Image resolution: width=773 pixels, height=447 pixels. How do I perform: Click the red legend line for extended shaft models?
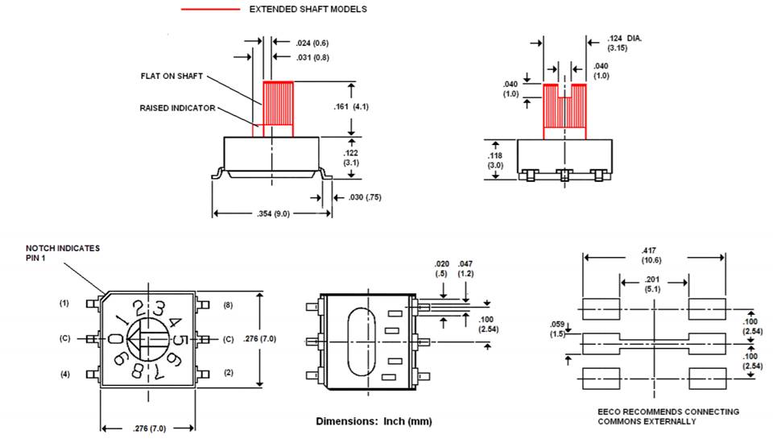tap(210, 10)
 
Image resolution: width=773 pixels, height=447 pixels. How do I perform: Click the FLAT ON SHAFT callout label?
tap(172, 76)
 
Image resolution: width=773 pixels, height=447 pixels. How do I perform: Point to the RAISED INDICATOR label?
tap(177, 108)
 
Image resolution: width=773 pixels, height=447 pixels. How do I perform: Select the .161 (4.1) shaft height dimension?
tap(351, 106)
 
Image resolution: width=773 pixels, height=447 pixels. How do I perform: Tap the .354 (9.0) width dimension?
tap(273, 213)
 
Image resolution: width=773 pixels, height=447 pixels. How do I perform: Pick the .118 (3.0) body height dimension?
tap(495, 160)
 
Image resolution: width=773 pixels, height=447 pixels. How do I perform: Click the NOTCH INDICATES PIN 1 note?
tap(63, 253)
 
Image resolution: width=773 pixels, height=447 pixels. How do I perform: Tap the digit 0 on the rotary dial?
tap(114, 339)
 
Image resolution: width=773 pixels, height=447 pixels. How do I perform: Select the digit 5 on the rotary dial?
tap(181, 341)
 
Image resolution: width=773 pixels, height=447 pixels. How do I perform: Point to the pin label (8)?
tap(228, 305)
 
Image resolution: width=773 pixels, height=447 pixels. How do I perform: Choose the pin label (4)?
tap(65, 374)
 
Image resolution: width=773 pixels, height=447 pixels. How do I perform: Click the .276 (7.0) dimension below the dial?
tap(150, 428)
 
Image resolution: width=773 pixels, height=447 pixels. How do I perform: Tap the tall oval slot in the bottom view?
tap(362, 342)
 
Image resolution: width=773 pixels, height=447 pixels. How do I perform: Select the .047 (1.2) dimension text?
tap(465, 268)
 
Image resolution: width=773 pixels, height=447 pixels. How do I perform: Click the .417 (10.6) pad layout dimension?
tap(651, 255)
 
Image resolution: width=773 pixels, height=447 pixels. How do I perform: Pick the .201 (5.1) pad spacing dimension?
tap(652, 284)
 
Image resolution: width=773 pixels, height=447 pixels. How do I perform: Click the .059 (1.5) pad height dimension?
tap(557, 329)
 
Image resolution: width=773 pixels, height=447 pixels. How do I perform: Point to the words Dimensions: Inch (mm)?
tap(374, 421)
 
